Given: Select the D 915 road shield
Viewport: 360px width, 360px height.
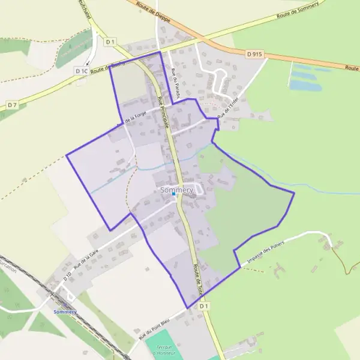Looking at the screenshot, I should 254,54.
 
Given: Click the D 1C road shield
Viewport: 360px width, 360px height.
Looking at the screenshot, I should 82,71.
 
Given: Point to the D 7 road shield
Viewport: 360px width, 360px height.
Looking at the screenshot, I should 12,105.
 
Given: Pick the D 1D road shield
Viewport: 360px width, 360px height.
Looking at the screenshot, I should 67,277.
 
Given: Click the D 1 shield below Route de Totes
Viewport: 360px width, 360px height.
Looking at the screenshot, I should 204,306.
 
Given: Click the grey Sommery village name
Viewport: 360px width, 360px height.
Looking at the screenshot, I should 177,190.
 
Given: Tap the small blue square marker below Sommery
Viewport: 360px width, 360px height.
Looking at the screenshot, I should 174,194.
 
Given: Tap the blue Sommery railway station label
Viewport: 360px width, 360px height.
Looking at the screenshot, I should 65,312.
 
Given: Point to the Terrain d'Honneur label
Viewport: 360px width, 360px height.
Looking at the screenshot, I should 163,350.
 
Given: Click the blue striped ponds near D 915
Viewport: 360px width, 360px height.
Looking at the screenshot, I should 309,77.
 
